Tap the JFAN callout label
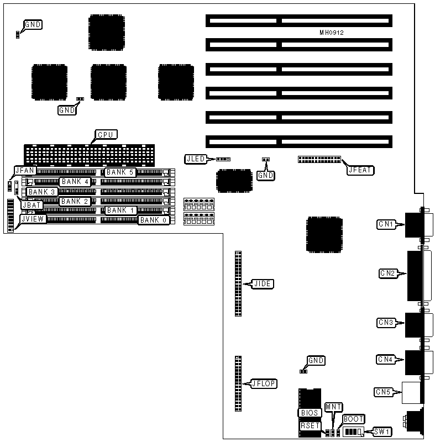[25, 171]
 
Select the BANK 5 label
[120, 172]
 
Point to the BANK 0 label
[152, 220]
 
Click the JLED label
[196, 159]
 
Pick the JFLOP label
[264, 382]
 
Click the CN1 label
[385, 224]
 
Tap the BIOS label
[308, 413]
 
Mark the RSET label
[309, 426]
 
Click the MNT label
[334, 407]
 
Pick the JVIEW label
[32, 219]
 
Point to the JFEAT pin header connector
[319, 160]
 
